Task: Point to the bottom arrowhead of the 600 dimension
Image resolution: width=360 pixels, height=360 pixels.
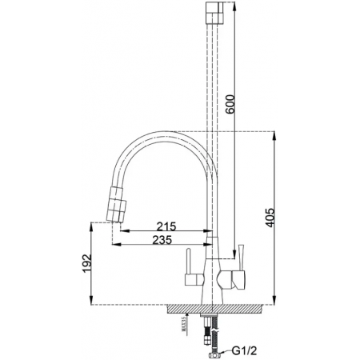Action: [234, 250]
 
